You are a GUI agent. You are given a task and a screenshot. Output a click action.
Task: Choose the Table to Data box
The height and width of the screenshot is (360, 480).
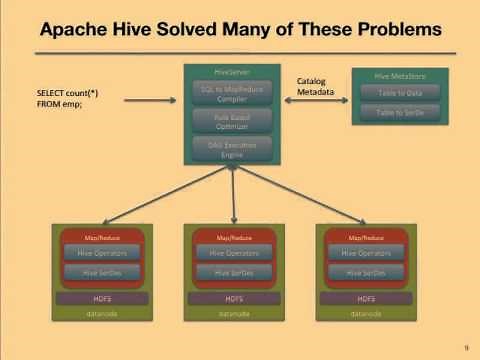(x=398, y=91)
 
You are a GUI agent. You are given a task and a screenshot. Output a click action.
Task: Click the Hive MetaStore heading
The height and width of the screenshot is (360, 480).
(x=398, y=75)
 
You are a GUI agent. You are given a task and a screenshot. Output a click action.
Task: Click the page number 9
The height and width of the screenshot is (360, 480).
(x=466, y=347)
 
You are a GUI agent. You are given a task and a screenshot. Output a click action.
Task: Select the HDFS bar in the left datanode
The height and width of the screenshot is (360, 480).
(x=101, y=298)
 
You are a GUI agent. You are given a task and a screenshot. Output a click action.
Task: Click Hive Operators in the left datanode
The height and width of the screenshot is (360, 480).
(x=101, y=253)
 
